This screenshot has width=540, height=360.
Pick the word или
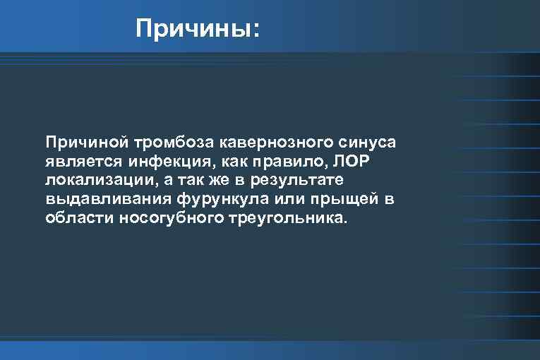[280, 199]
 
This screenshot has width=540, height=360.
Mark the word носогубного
[167, 218]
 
